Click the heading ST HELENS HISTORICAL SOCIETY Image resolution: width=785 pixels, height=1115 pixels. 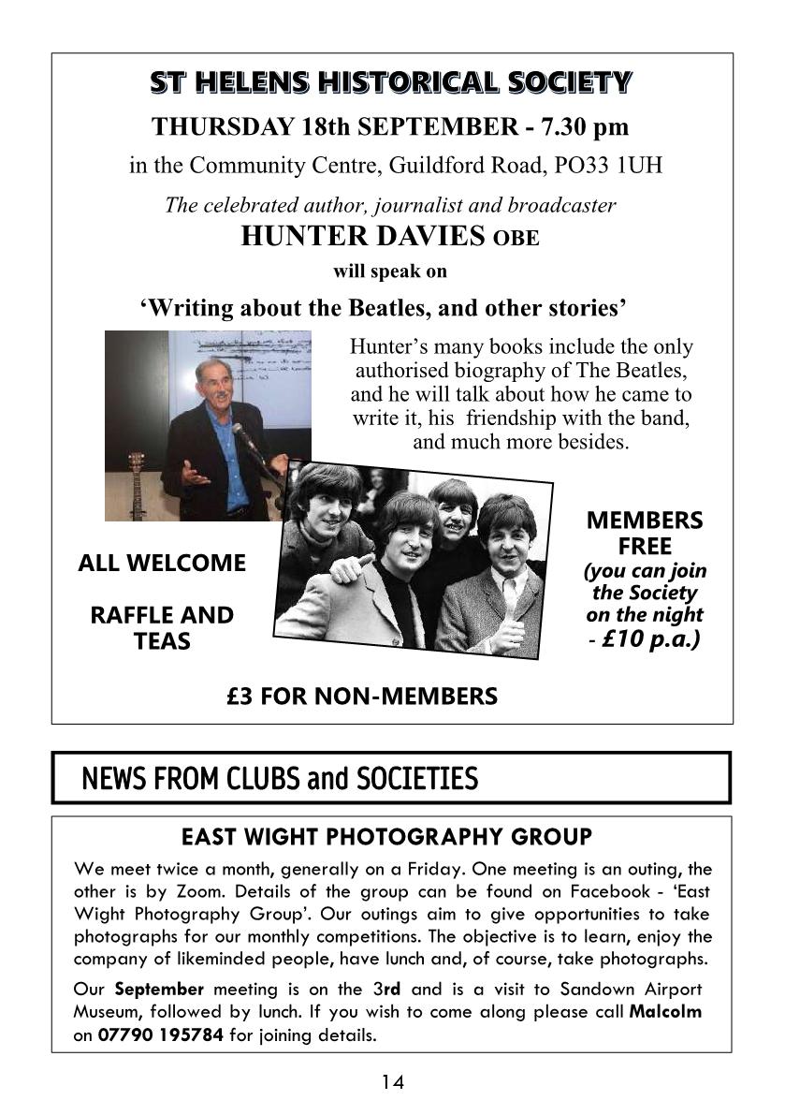[x=391, y=83]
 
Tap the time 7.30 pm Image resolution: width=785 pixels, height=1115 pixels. [x=573, y=126]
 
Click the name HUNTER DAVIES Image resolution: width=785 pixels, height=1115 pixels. [x=363, y=237]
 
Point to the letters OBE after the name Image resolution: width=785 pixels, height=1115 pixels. [x=516, y=239]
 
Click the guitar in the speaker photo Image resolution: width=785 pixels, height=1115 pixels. [x=139, y=486]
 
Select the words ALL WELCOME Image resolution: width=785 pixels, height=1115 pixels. [x=162, y=564]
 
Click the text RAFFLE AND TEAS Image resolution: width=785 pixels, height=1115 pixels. [x=162, y=628]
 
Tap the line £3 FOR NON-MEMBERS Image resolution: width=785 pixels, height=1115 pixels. [x=362, y=697]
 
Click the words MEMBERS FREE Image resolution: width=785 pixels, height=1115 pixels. [x=645, y=533]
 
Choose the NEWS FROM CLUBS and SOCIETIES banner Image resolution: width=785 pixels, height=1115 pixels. [x=391, y=778]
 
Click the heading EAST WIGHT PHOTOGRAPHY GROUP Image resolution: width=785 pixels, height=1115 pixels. [x=386, y=836]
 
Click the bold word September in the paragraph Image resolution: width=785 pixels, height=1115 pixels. [x=159, y=989]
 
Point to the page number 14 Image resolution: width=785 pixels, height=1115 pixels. [x=393, y=1082]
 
